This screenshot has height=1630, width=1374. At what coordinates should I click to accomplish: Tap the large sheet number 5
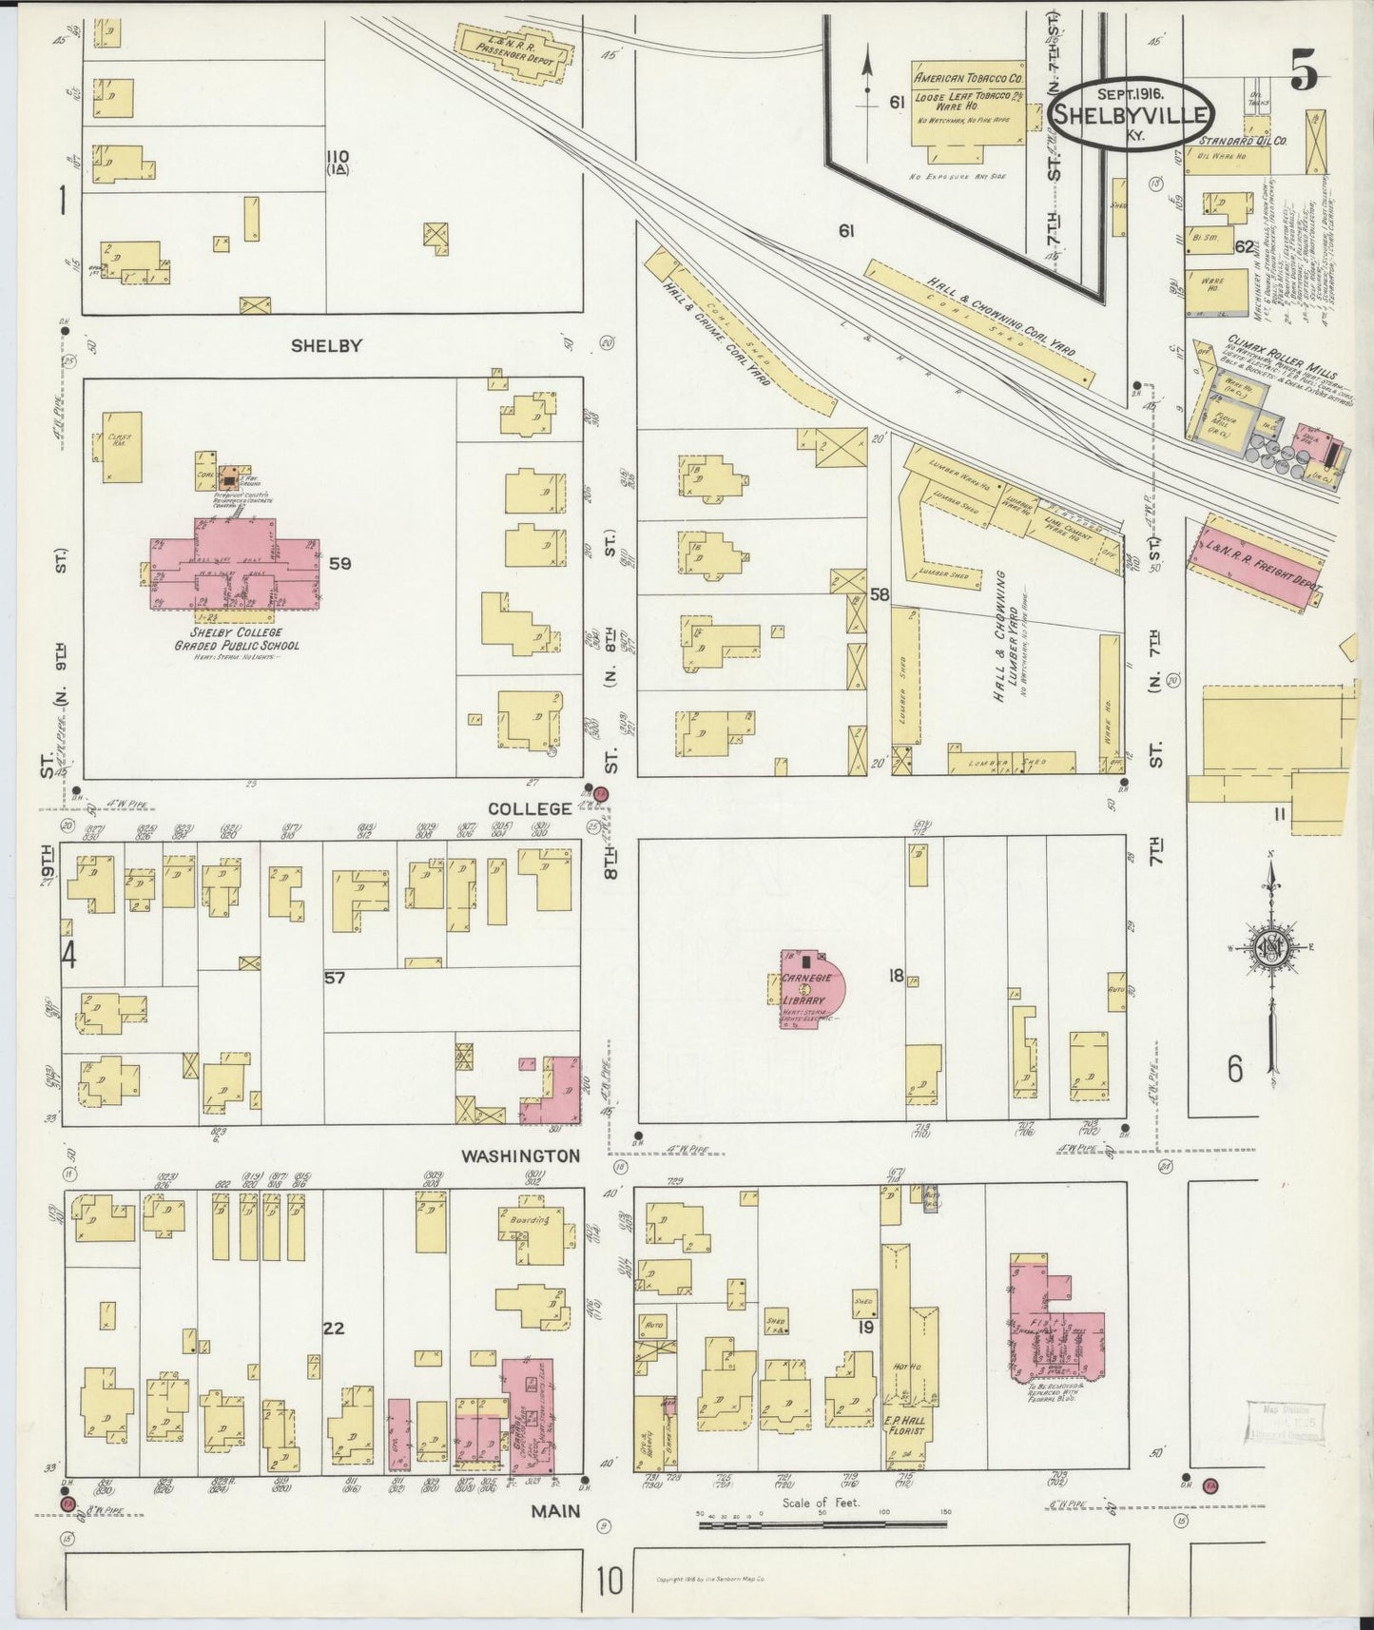(1305, 70)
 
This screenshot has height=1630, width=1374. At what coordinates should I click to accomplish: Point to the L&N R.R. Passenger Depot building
(514, 49)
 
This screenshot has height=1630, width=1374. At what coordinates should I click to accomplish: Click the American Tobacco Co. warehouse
(968, 109)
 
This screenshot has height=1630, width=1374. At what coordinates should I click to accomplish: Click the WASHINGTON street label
(520, 1155)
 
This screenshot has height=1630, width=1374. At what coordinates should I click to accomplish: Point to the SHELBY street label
(325, 346)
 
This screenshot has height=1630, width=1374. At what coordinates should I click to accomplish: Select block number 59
(339, 563)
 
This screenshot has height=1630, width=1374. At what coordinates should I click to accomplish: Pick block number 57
(334, 977)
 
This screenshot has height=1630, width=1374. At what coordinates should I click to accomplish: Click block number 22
(333, 1329)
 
